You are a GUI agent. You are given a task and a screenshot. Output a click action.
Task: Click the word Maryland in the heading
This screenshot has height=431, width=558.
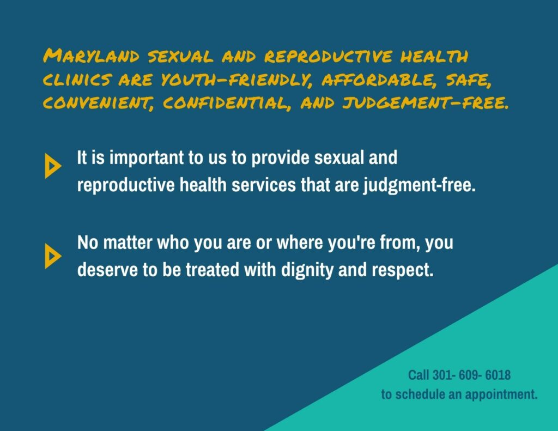[x=91, y=56]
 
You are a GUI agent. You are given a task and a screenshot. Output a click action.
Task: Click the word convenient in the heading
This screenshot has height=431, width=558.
[x=99, y=104]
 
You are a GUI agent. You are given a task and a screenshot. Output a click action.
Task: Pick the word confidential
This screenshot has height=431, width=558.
[x=227, y=104]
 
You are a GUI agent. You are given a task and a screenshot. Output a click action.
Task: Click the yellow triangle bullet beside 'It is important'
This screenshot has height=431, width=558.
[x=53, y=166]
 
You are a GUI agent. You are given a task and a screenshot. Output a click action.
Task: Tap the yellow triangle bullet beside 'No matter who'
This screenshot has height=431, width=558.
[x=53, y=256]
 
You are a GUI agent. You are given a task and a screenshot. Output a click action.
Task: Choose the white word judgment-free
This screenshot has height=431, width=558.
[x=419, y=186]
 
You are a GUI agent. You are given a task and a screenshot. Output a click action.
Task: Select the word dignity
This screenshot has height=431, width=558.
[x=307, y=270]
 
